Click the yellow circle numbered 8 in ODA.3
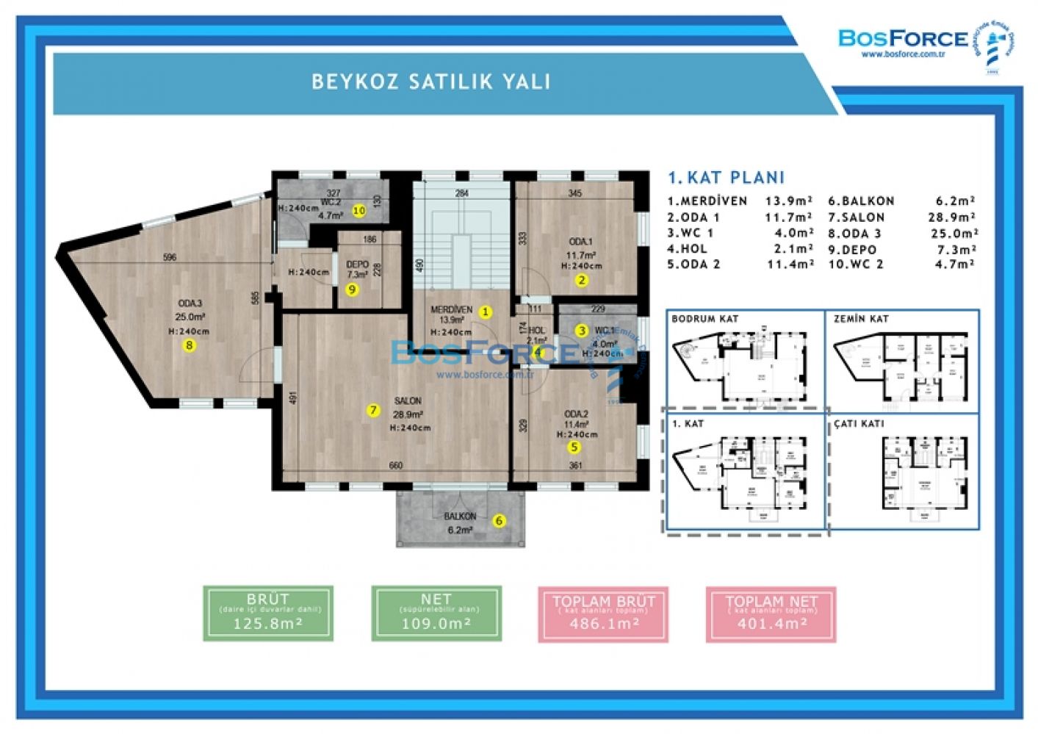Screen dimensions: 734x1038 pos(190,345)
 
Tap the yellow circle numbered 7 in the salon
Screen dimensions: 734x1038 pos(374,410)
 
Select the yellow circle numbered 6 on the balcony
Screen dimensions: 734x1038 pos(500,521)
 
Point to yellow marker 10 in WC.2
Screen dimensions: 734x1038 pos(358,210)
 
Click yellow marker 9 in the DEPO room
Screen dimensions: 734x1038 pos(352,289)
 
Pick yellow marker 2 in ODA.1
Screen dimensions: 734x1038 pos(581,279)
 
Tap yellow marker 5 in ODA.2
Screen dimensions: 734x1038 pos(574,446)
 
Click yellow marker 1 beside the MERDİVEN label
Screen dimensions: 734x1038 pos(485,312)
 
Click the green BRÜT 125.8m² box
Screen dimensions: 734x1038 pos(268,614)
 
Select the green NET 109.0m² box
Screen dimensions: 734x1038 pos(436,614)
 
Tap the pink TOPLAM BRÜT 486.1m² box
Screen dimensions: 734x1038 pos(603,614)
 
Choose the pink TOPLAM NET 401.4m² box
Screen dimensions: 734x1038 pos(771,614)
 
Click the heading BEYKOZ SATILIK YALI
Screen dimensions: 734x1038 pos(431,81)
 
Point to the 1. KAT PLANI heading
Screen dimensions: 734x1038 pos(726,177)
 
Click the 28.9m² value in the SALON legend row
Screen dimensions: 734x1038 pos(951,217)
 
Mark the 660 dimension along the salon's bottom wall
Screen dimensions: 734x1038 pos(395,465)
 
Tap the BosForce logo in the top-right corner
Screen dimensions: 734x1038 pos(903,38)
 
